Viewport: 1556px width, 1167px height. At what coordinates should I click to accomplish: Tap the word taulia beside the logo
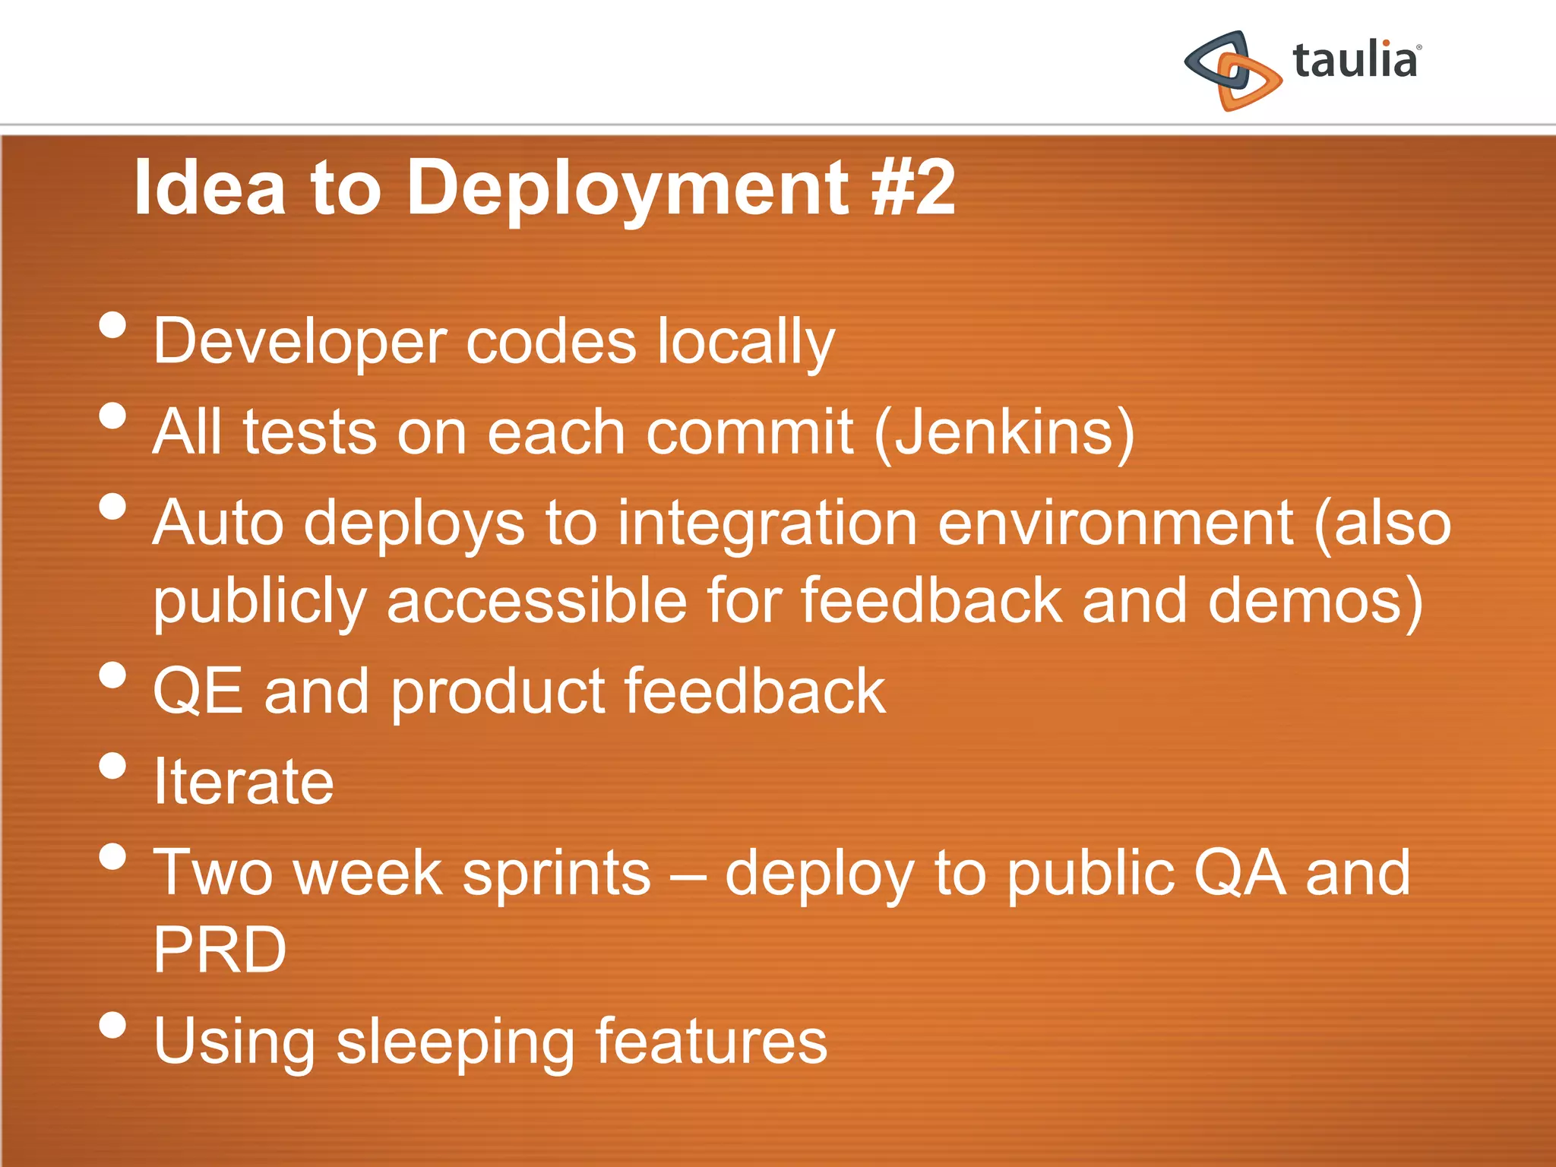(x=1355, y=61)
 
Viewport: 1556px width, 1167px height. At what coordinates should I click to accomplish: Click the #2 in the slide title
(x=913, y=188)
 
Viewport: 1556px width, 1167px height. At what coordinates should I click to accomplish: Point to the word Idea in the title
(x=210, y=188)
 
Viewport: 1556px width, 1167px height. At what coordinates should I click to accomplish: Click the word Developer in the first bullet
(x=300, y=342)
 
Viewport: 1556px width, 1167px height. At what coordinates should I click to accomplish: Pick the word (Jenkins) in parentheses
(x=1004, y=432)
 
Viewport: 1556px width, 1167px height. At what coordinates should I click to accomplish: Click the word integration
(x=767, y=524)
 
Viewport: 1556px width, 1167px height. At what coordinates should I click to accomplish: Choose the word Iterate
(x=243, y=782)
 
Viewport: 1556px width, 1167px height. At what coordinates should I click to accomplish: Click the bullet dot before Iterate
(x=112, y=766)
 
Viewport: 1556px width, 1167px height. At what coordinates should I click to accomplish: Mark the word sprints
(x=556, y=874)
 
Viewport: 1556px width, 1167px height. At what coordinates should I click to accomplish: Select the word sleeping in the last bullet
(x=455, y=1042)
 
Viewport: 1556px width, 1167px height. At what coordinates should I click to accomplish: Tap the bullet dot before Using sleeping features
(x=112, y=1025)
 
